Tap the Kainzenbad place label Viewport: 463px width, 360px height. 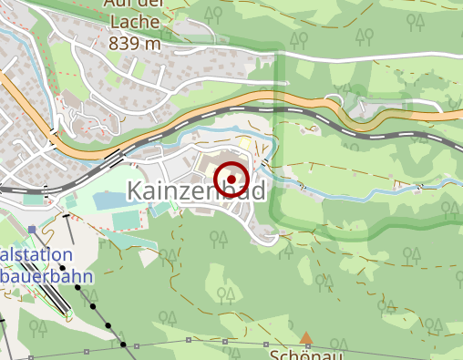[196, 192]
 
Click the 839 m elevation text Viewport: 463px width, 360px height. [135, 43]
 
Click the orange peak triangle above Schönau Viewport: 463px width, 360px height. [306, 338]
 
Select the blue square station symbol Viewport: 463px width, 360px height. [32, 229]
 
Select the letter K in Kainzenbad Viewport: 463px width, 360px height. [134, 192]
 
